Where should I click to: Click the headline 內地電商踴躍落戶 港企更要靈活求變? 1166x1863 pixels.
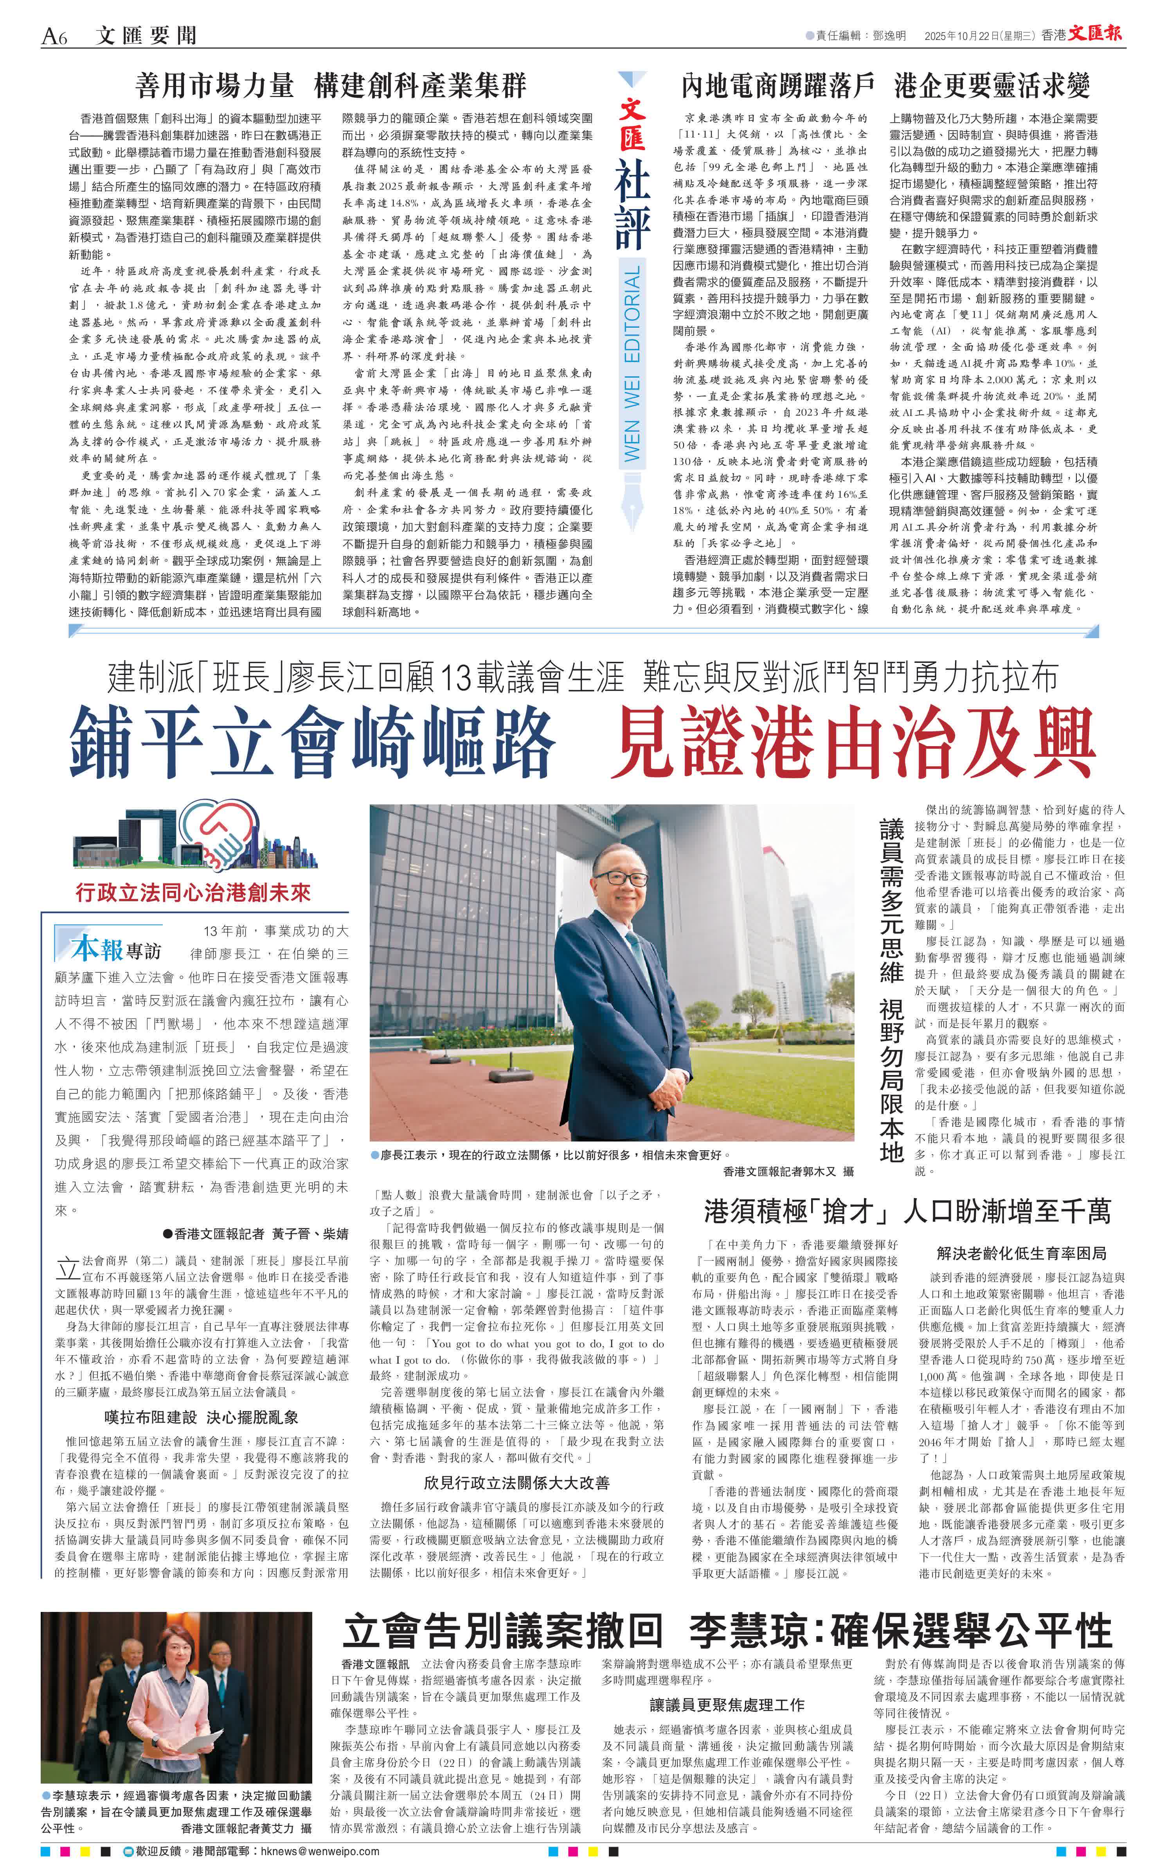point(885,86)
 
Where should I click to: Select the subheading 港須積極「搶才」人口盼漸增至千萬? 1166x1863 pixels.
point(907,1211)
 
